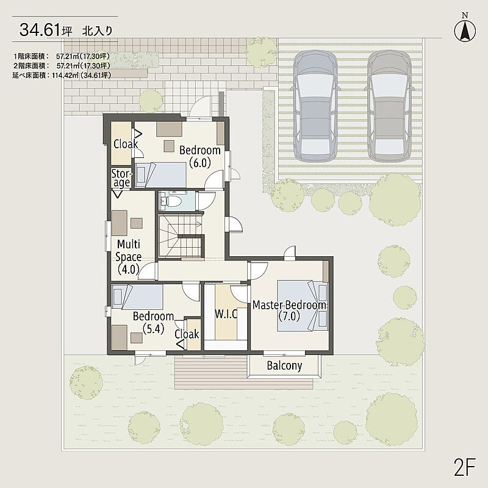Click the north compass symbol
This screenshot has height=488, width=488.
click(465, 30)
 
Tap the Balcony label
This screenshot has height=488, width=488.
click(284, 365)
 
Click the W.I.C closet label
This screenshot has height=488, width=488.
click(226, 314)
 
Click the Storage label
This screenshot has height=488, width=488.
click(121, 178)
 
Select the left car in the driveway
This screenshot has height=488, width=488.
click(315, 106)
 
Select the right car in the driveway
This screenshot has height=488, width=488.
click(390, 106)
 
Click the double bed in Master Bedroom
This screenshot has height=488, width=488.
click(303, 306)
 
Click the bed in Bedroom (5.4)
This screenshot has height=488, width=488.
click(137, 296)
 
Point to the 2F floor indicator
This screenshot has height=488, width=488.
click(465, 467)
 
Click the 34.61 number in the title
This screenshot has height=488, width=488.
click(40, 30)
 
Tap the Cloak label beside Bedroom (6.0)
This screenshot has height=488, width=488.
click(126, 144)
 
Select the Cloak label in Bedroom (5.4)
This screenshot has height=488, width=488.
click(187, 334)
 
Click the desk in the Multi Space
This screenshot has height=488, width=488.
click(119, 223)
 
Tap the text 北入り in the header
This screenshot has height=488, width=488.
click(97, 31)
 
